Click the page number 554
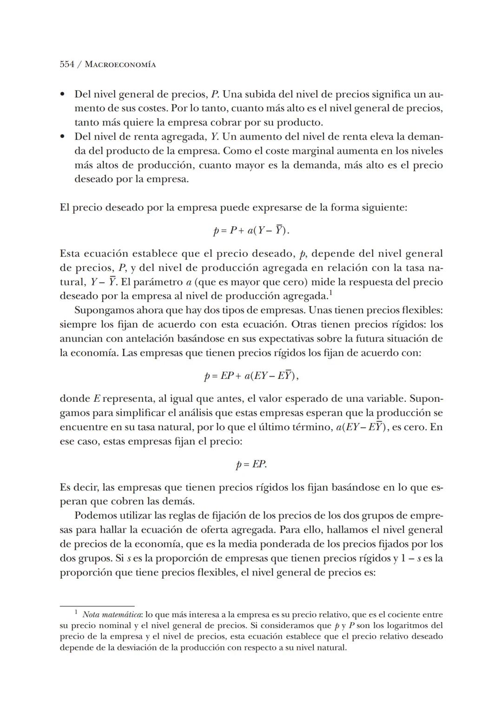point(67,65)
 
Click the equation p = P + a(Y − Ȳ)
point(251,230)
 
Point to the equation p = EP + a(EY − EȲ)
point(251,376)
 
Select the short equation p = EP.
point(251,465)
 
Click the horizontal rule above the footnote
point(97,606)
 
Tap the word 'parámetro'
point(161,282)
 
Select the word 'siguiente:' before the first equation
point(384,208)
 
